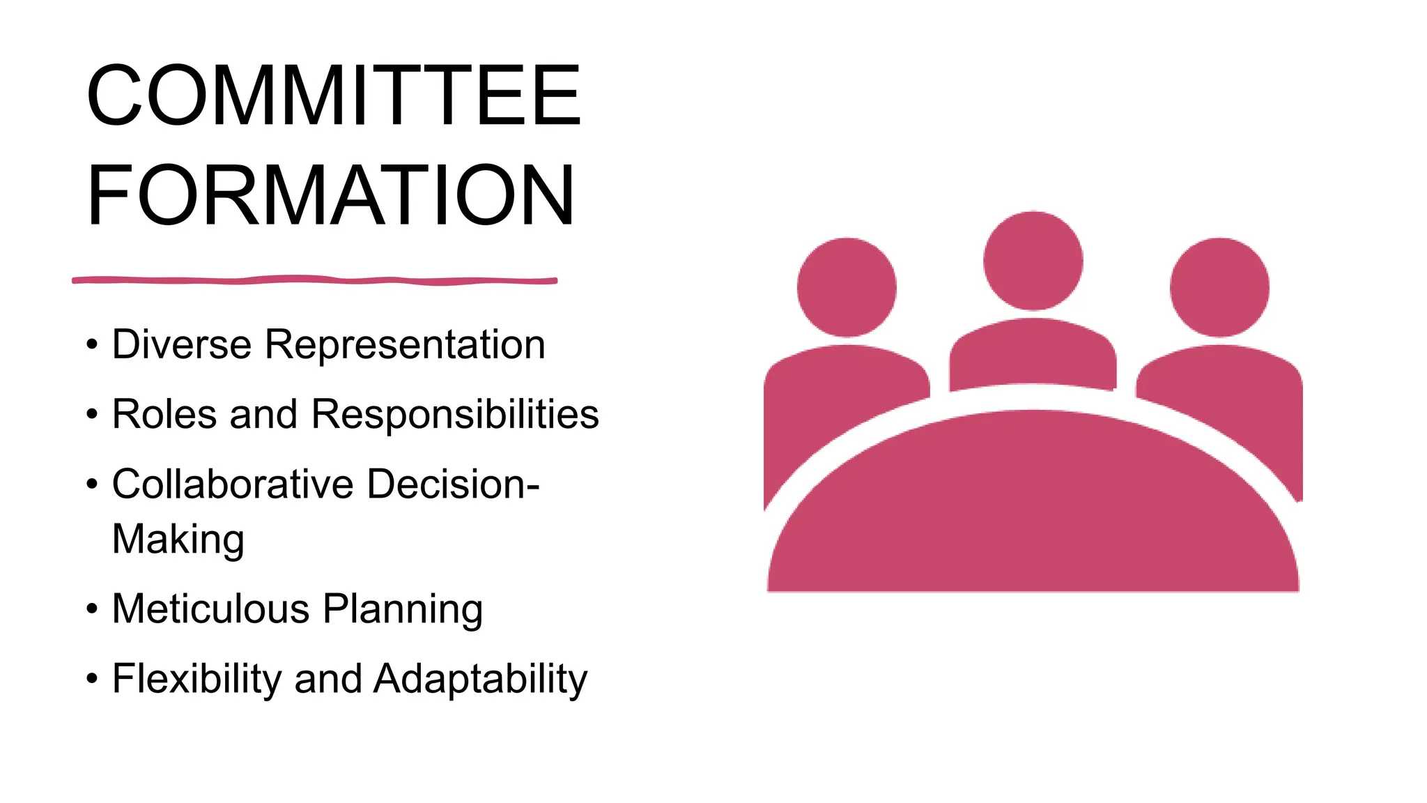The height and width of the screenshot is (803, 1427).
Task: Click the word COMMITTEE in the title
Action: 333,95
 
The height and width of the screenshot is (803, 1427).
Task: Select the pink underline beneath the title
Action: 314,280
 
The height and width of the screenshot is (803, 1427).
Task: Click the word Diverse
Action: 181,344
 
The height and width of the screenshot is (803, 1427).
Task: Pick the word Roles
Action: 164,414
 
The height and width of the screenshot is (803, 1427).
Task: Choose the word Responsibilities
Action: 455,415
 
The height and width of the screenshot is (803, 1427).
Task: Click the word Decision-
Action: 454,484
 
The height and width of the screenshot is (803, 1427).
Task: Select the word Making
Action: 178,540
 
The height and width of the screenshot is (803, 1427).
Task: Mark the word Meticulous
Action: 211,609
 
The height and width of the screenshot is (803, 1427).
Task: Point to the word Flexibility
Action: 196,679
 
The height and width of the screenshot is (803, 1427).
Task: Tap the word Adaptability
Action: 481,680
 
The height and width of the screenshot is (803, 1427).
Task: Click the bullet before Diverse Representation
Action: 92,345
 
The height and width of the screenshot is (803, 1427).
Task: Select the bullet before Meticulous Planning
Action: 92,609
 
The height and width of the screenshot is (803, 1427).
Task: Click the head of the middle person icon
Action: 1033,261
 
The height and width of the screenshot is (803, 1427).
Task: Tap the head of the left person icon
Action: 847,287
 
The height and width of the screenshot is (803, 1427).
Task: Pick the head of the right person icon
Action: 1219,287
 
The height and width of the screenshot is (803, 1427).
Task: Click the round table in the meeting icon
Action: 1033,516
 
